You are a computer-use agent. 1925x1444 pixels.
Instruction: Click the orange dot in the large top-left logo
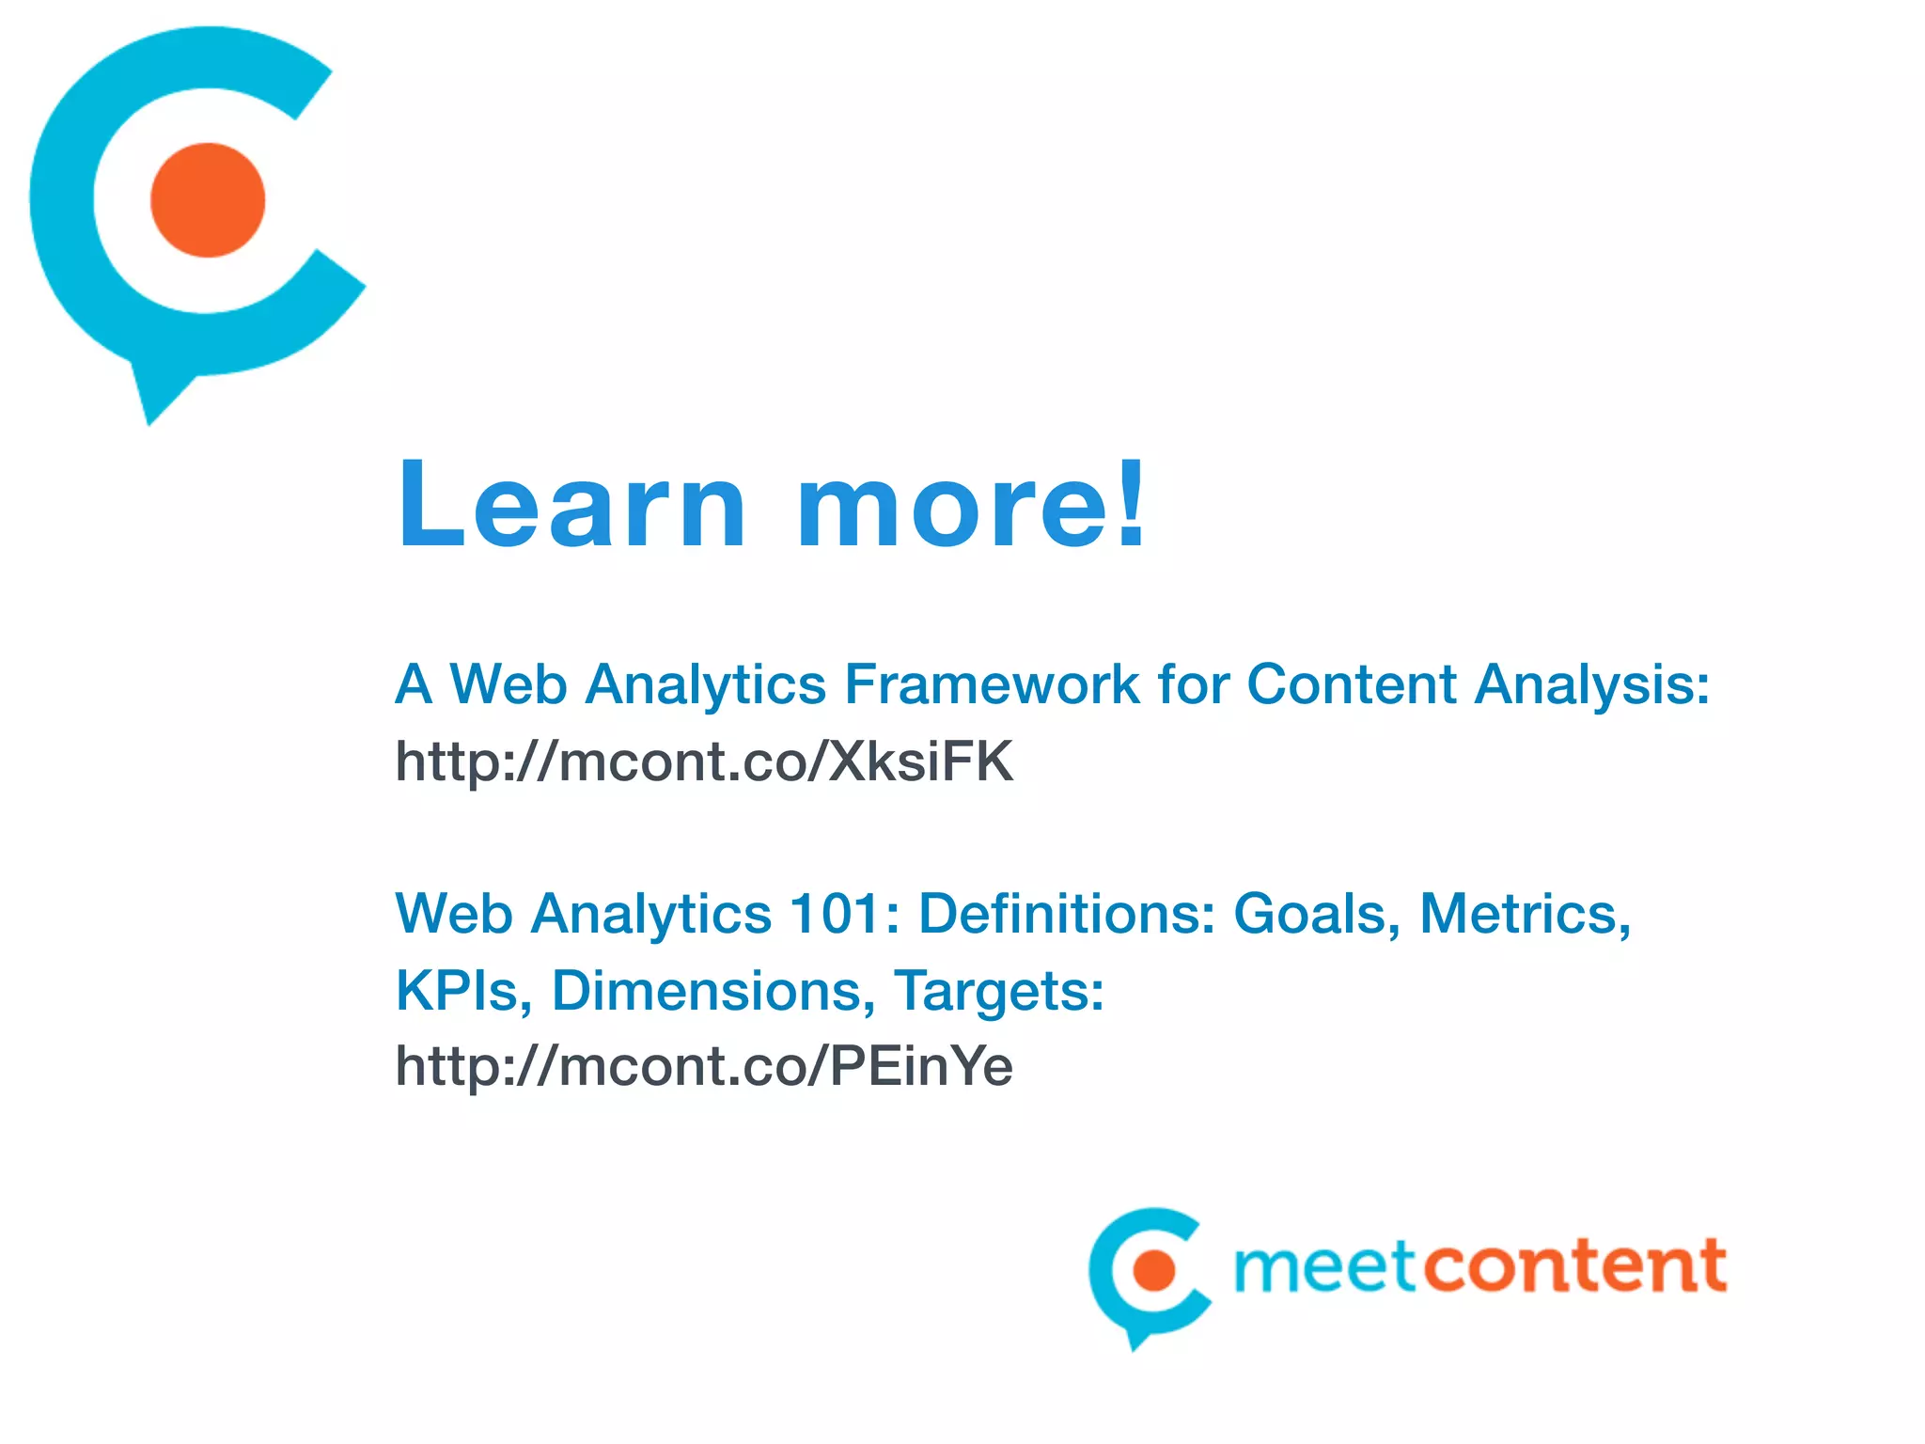pyautogui.click(x=208, y=200)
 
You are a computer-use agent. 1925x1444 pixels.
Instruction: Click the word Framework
pyautogui.click(x=992, y=683)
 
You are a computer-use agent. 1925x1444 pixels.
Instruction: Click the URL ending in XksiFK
pyautogui.click(x=704, y=761)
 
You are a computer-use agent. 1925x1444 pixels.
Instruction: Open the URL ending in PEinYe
pyautogui.click(x=704, y=1066)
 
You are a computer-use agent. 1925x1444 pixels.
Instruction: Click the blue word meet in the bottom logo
pyautogui.click(x=1324, y=1266)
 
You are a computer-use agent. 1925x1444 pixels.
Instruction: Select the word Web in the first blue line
pyautogui.click(x=509, y=683)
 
